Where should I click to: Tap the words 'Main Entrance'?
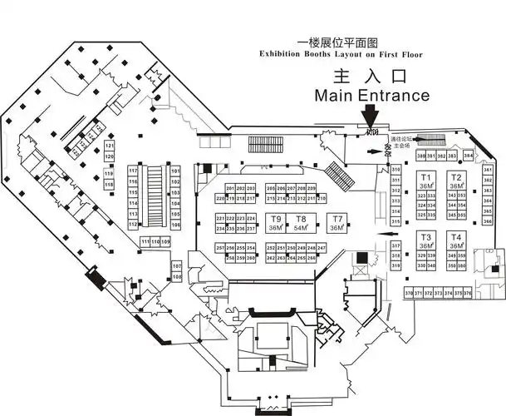[371, 96]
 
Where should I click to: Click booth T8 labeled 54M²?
[301, 223]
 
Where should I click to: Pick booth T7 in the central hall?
[337, 223]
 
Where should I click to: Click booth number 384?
[469, 156]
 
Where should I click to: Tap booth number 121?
[109, 146]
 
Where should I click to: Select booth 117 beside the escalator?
[132, 171]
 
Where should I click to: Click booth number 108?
[176, 266]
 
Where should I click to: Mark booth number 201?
[230, 189]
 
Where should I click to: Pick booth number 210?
[322, 199]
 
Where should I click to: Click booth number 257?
[220, 248]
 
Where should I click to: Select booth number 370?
[409, 294]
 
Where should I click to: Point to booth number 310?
[396, 171]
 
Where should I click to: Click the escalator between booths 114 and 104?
[154, 197]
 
